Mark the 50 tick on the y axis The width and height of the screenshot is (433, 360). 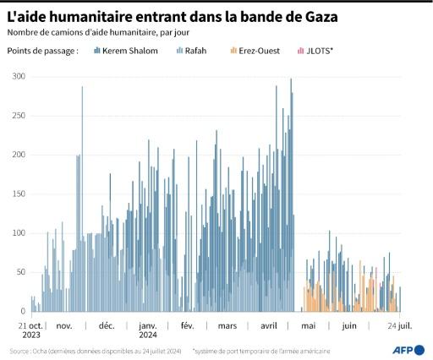[x=19, y=272]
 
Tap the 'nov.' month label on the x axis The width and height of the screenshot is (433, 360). [x=65, y=325]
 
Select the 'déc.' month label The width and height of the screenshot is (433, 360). [x=106, y=325]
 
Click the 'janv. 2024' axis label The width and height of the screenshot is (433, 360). [x=148, y=329]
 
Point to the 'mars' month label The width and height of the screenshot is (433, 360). [x=227, y=325]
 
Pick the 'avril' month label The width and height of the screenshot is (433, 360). [x=268, y=325]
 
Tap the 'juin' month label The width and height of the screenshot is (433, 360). [x=348, y=325]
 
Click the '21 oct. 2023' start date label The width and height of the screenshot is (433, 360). [x=30, y=329]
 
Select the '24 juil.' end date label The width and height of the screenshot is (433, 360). [x=400, y=325]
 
